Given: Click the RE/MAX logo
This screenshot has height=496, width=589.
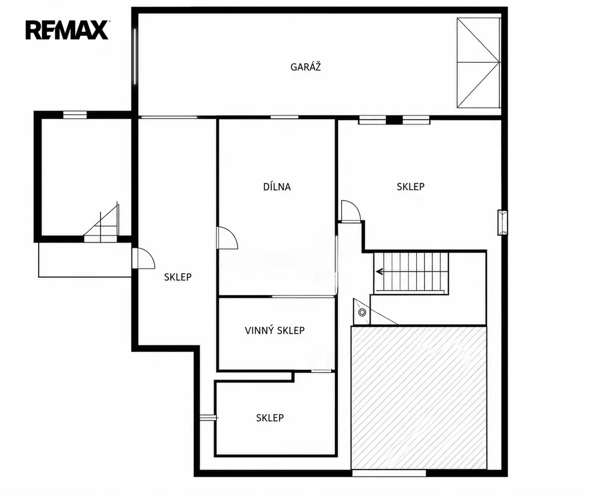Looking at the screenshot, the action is point(67,30).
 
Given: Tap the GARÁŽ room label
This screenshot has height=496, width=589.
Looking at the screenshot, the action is point(306,67).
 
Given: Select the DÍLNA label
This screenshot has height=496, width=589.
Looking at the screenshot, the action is point(277,186).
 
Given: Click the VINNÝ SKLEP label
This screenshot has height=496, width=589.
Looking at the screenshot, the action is point(275,330).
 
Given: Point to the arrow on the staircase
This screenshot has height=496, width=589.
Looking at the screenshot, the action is point(379,272).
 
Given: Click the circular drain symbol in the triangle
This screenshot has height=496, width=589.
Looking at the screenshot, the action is point(362,312).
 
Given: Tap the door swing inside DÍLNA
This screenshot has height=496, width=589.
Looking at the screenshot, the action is point(227,238).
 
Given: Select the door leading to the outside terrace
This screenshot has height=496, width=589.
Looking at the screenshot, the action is point(143,258).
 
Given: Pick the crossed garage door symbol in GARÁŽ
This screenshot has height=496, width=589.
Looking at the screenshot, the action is point(479,63).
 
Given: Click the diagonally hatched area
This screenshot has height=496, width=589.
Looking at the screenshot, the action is point(419,397).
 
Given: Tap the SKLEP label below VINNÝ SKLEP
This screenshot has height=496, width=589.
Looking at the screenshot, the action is point(270,418).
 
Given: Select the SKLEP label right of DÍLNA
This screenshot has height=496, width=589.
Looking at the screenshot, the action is point(410,186).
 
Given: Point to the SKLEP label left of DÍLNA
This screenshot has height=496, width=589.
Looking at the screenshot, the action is point(178,277).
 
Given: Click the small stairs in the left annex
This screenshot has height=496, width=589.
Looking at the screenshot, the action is point(102,222).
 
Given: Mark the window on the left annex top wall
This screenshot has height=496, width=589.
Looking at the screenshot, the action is point(75,114).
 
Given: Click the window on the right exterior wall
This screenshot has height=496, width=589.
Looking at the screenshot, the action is point(502,222).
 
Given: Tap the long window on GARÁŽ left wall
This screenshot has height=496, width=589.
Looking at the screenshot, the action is point(135,56).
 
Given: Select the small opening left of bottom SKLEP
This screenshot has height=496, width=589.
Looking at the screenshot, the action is point(209,418).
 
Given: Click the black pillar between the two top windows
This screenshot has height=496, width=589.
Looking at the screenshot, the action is point(394,120).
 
